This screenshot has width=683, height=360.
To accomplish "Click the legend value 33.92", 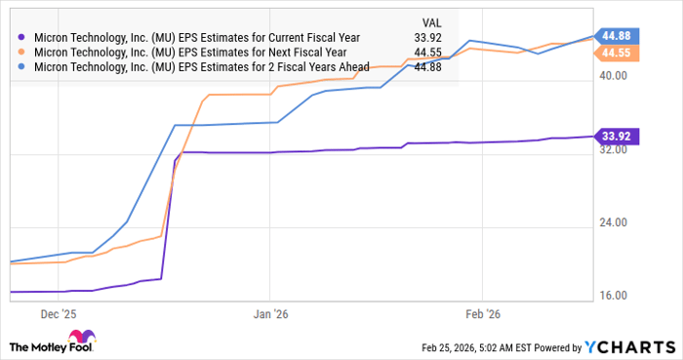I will click(430, 38).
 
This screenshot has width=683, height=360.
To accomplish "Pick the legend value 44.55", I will click(430, 53).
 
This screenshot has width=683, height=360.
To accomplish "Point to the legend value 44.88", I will click(430, 67).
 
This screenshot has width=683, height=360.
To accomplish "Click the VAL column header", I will click(429, 20).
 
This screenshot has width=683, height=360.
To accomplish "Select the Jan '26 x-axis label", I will click(270, 315).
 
